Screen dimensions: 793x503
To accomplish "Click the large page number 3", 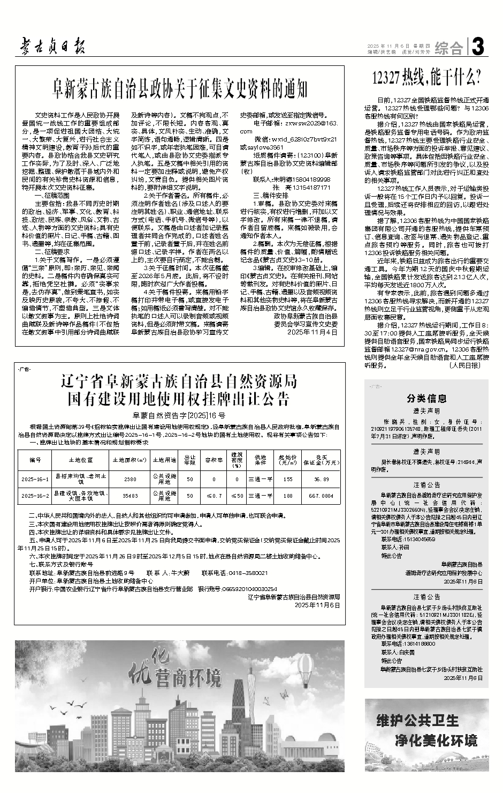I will click(479, 48).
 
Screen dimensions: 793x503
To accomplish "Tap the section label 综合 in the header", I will click(449, 49).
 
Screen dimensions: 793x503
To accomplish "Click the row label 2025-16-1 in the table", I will click(35, 479).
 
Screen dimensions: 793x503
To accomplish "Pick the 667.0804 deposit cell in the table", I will click(322, 496).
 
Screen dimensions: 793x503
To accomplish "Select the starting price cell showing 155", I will click(288, 479).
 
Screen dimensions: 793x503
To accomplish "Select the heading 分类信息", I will click(426, 398).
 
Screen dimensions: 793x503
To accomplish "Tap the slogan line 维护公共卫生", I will click(417, 719).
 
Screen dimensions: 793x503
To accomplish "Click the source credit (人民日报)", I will click(464, 366).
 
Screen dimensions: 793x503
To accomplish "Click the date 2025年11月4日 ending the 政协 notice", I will click(313, 332).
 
